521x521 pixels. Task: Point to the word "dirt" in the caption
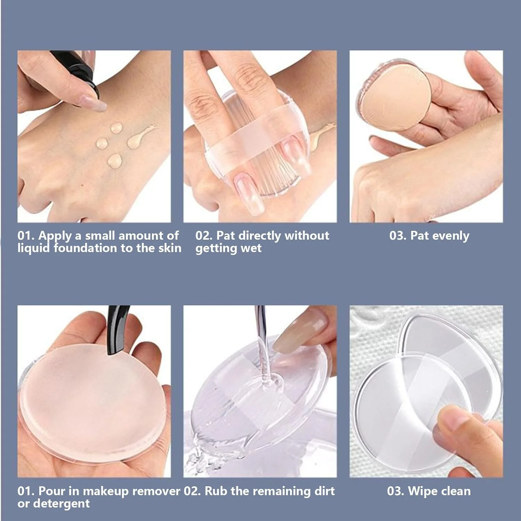pos(324,491)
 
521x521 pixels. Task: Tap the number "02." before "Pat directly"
pos(204,236)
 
